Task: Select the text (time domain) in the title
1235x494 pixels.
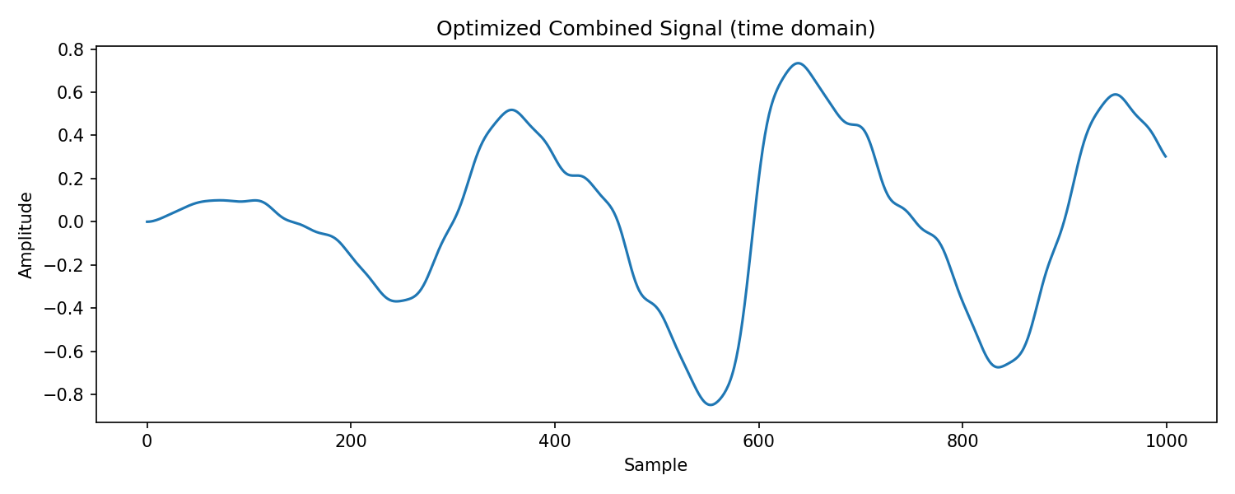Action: tap(802, 29)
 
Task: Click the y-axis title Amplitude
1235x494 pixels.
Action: tap(26, 235)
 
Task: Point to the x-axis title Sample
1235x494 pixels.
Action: tap(655, 465)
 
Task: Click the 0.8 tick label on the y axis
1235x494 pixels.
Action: tap(71, 49)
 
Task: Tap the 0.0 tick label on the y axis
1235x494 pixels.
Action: tap(71, 222)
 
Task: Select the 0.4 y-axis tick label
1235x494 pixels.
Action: tap(71, 136)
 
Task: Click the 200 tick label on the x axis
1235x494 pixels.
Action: tap(351, 441)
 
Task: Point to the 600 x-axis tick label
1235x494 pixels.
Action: tap(758, 441)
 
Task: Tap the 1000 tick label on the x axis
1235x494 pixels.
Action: tap(1166, 441)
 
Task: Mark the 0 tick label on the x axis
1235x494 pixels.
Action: tap(147, 441)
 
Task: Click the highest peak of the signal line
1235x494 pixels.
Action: tap(798, 63)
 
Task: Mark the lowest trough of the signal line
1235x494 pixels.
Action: tap(711, 405)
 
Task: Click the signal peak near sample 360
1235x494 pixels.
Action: tap(512, 110)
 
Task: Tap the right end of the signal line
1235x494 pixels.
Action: tap(1166, 157)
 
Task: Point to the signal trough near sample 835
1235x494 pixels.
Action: tap(998, 367)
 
